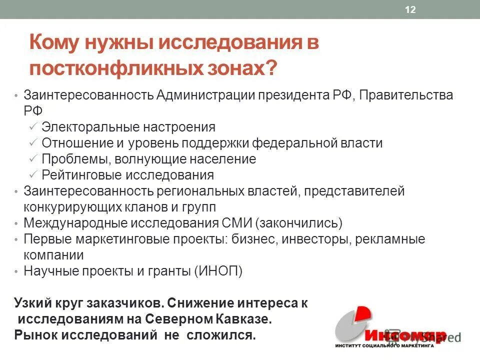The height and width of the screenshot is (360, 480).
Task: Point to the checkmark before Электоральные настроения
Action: pos(32,127)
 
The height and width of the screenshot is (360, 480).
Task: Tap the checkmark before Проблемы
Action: pos(32,159)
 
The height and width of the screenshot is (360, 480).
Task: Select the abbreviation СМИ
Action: pos(239,223)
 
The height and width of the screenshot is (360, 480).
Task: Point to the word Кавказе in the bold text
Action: pos(246,319)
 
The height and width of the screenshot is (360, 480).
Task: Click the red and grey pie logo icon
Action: pos(352,325)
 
